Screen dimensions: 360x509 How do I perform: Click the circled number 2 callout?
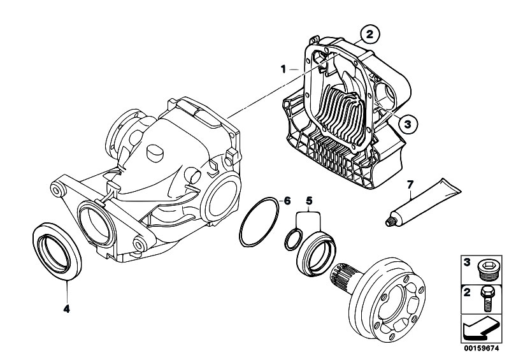tap(369, 32)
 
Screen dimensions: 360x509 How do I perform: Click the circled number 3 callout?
tap(410, 124)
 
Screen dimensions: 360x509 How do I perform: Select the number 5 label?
tap(310, 201)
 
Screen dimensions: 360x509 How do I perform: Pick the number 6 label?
tap(287, 201)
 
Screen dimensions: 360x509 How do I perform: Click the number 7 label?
tap(411, 185)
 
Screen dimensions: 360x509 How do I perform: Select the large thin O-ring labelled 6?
tap(260, 222)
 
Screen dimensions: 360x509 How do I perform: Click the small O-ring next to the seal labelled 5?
tap(293, 240)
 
